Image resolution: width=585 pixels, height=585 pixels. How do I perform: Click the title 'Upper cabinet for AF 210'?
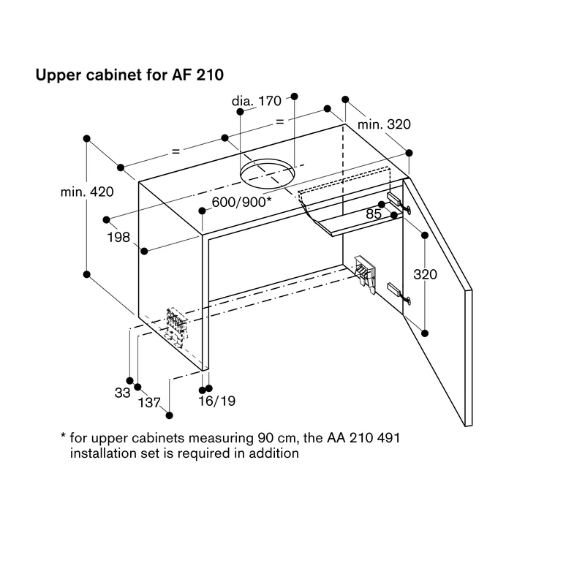[129, 75]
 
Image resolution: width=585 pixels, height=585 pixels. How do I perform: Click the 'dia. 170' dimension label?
[257, 101]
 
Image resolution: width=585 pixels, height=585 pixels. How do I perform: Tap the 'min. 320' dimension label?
[384, 124]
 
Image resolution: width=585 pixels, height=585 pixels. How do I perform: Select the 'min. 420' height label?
[87, 192]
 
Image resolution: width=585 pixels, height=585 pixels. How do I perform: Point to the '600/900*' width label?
[241, 202]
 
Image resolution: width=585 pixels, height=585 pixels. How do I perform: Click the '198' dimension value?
[118, 237]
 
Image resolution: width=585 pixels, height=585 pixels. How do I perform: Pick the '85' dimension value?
[374, 214]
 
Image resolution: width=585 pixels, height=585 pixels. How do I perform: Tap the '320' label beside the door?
[425, 275]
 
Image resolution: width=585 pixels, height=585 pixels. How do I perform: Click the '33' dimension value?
[122, 393]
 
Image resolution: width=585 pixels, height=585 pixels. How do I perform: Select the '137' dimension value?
[149, 403]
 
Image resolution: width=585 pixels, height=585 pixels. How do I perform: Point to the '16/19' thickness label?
[216, 401]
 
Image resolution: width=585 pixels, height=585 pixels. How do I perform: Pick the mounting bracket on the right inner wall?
[365, 272]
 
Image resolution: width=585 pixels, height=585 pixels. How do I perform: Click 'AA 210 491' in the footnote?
[363, 437]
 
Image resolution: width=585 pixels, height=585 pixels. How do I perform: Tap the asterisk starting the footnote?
[63, 435]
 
